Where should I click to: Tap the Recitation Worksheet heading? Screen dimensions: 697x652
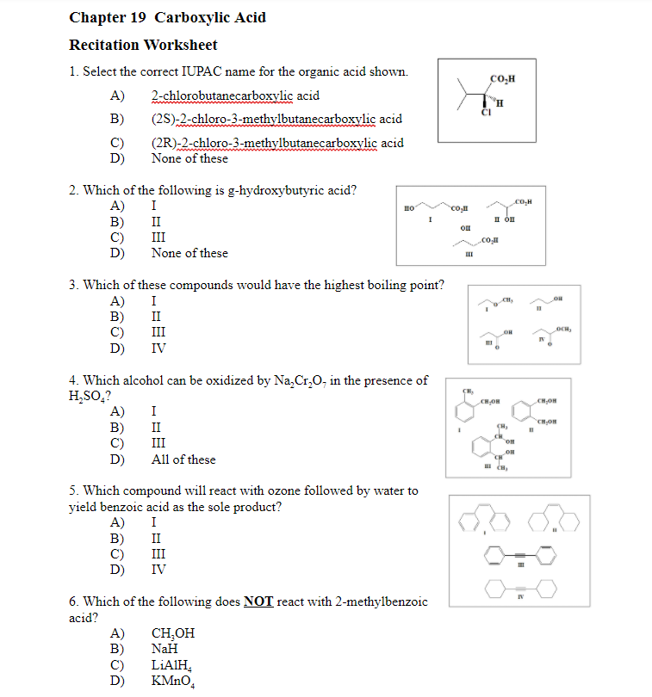pos(143,45)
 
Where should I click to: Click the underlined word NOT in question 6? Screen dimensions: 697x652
pos(258,601)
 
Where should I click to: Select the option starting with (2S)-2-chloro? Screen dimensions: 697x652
pos(276,119)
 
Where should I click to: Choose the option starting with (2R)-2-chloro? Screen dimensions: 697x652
pos(277,143)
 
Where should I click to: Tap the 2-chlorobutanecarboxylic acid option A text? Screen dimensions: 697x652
pos(234,96)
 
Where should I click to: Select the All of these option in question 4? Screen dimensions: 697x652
pos(183,460)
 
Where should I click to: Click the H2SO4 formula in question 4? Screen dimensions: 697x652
pos(89,397)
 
